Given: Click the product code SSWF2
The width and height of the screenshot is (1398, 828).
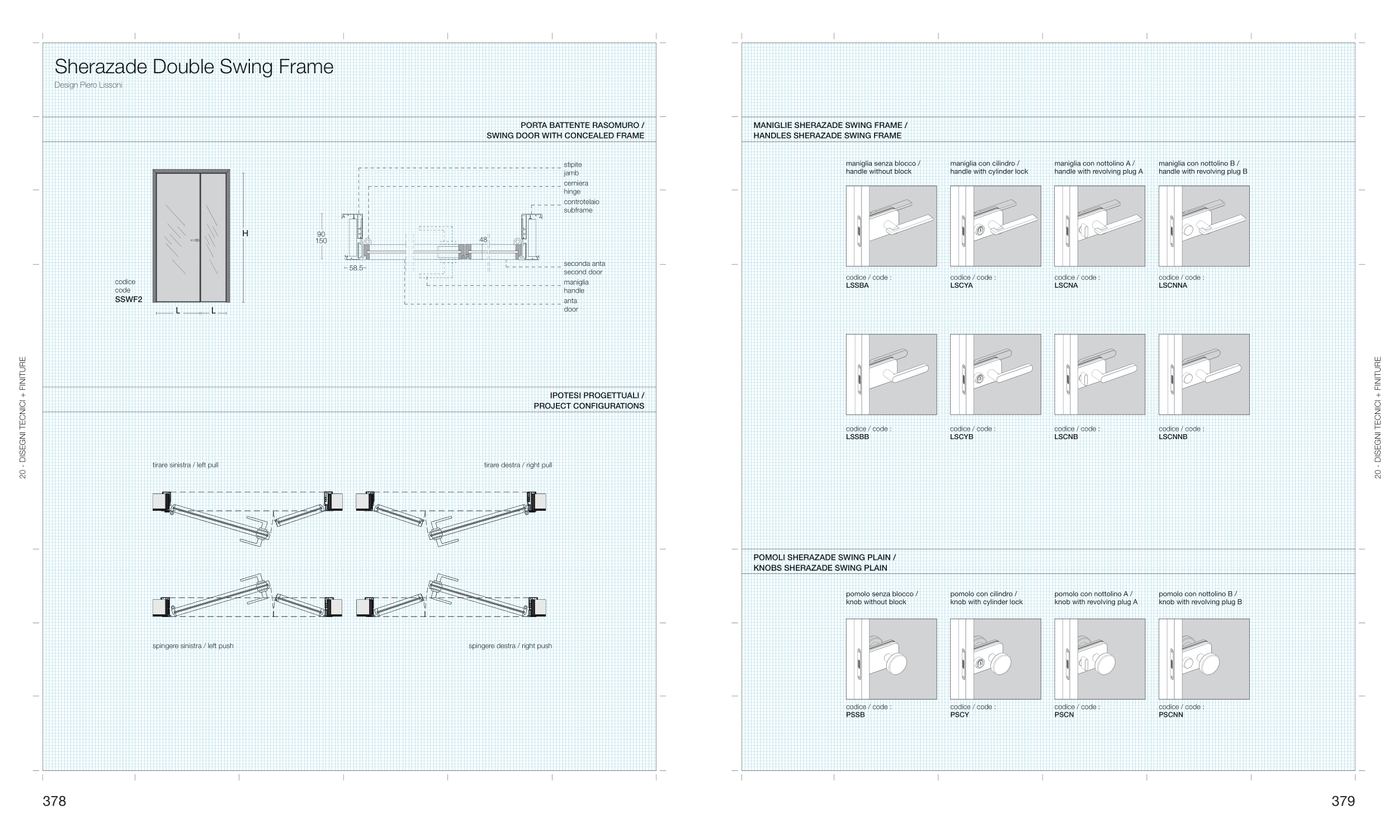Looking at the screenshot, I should [129, 299].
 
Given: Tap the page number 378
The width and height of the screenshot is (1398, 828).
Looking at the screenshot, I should [54, 801].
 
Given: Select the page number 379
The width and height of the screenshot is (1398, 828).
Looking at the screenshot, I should [1343, 801].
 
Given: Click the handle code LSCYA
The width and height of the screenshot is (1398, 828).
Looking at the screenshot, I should [961, 285].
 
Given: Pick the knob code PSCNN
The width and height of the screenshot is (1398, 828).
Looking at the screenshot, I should [1170, 714].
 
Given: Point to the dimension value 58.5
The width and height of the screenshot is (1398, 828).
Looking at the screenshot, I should [356, 268].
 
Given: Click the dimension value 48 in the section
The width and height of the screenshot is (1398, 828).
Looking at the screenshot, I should [483, 239].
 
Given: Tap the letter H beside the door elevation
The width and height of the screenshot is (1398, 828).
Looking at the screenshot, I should [245, 233].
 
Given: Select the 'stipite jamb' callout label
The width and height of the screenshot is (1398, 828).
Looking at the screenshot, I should [573, 169].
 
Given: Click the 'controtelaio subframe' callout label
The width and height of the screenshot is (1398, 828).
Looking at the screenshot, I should [581, 206].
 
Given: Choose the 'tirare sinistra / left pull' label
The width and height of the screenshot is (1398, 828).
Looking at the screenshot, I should [185, 465].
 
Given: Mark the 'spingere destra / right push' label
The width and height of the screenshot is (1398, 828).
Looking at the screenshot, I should [510, 646].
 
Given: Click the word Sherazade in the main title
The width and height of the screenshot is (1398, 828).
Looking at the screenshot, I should [101, 67].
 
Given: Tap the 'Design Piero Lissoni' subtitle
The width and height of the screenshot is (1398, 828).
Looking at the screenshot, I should [88, 85].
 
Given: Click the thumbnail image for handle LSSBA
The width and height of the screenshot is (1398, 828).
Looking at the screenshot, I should [891, 226].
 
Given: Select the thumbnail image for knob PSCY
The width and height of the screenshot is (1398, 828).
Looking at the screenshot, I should [995, 658].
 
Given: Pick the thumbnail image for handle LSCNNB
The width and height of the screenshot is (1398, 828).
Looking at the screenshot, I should [1203, 374].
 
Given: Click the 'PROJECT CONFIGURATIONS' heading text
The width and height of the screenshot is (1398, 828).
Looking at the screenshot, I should [588, 406].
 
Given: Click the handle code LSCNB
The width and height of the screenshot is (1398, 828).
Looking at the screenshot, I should [1066, 437].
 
